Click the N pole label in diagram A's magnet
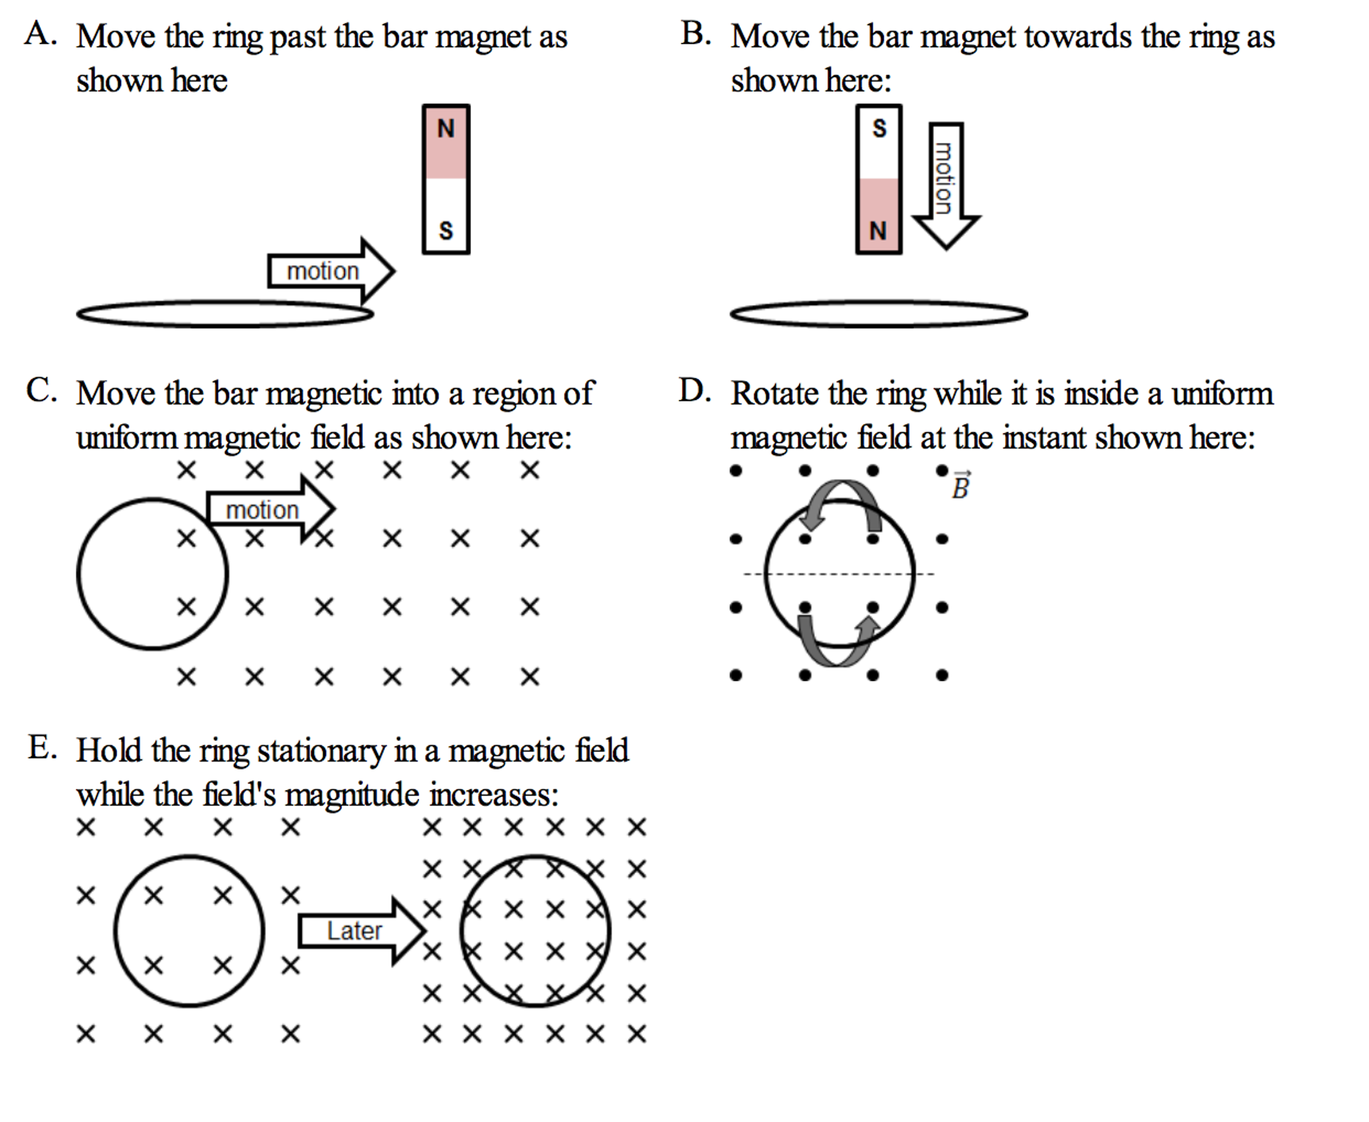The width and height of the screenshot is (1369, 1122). click(x=446, y=128)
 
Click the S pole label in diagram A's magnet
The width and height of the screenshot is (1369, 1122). click(x=446, y=230)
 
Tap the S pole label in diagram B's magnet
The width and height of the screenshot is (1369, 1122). click(x=879, y=128)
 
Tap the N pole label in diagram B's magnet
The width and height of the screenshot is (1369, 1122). click(x=878, y=231)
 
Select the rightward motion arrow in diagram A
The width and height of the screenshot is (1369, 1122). click(x=331, y=271)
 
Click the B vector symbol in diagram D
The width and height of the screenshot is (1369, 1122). click(x=961, y=486)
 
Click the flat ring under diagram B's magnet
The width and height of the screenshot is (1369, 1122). click(x=879, y=314)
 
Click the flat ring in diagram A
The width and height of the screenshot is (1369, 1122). click(x=225, y=314)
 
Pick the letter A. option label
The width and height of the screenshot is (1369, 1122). click(x=39, y=33)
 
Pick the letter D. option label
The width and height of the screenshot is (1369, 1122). click(x=694, y=390)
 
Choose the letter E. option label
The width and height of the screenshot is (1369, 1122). click(x=41, y=747)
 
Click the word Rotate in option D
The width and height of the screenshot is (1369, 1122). click(x=773, y=393)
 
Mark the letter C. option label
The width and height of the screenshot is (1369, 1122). click(x=41, y=390)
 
